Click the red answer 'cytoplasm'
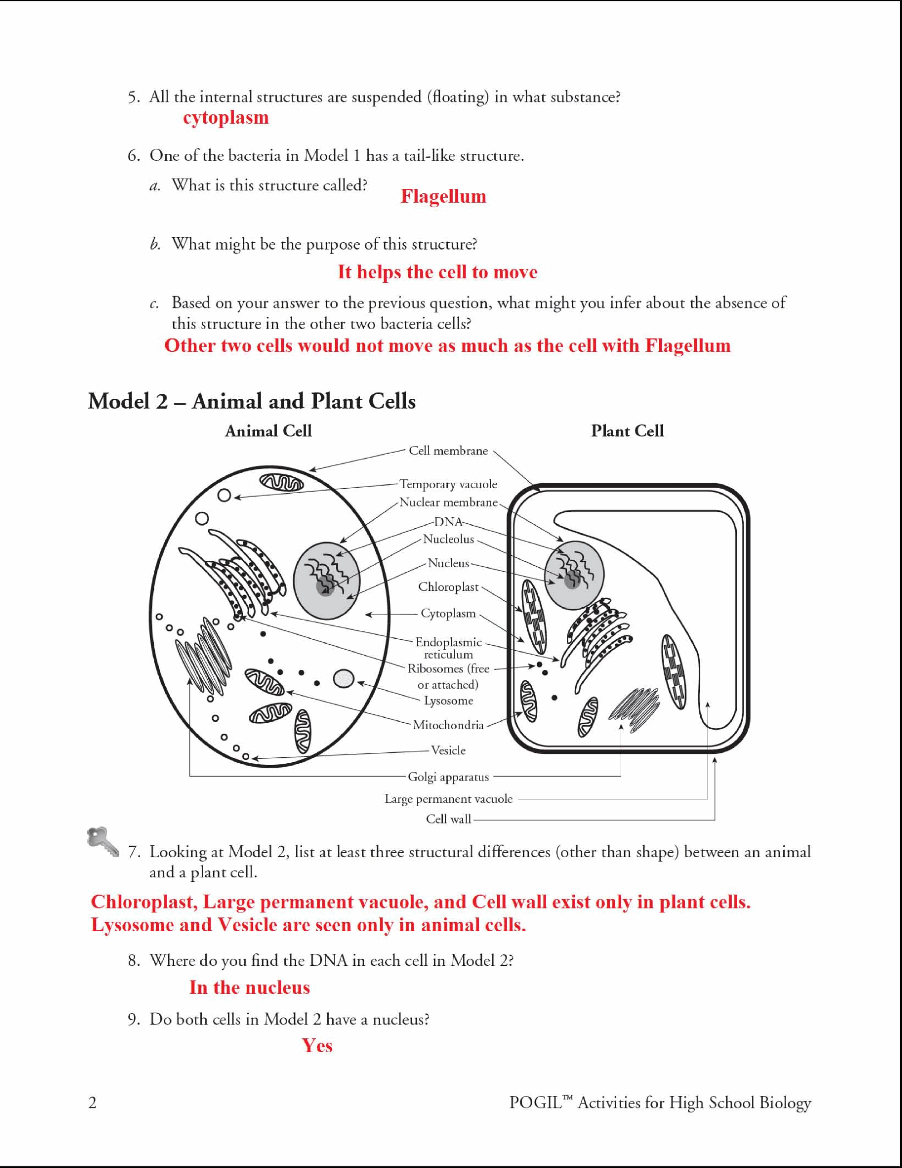tap(226, 118)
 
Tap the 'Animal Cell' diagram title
tap(268, 431)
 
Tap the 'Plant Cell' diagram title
tap(627, 431)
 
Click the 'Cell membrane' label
tap(448, 451)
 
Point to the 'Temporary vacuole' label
tap(448, 484)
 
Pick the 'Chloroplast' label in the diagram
tap(448, 587)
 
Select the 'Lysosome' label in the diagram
tap(448, 701)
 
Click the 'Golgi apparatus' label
tap(448, 777)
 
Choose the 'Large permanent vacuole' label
tap(448, 799)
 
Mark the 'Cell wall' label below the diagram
tap(448, 819)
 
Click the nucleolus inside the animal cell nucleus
tap(324, 587)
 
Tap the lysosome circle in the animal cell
tap(343, 678)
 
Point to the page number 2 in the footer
tap(93, 1103)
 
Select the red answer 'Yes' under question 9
tap(317, 1046)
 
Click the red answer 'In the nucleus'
tap(249, 987)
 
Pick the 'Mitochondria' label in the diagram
tap(448, 725)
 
